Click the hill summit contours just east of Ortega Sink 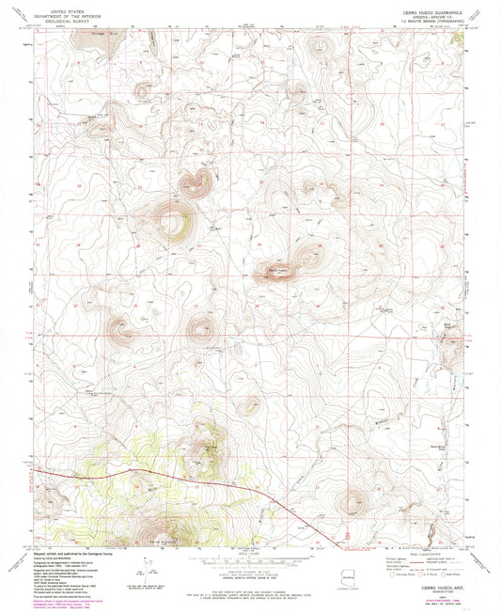(143, 90)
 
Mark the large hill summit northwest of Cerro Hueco (174, 222)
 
